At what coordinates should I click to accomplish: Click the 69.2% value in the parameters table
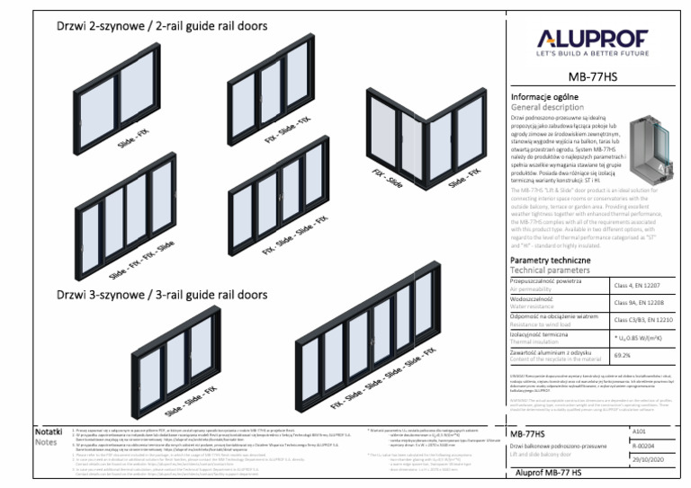(x=623, y=355)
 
